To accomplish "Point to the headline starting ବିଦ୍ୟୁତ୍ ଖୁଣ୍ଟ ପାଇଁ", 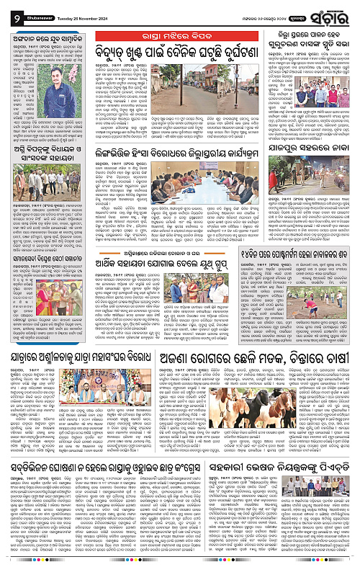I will [181, 50].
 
